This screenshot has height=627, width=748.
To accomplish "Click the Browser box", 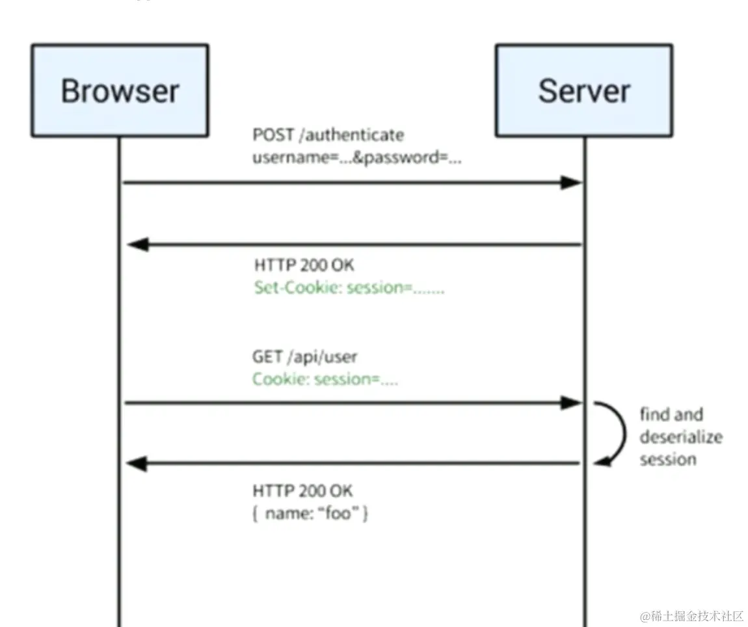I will [x=120, y=90].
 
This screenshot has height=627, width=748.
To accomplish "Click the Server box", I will [x=583, y=90].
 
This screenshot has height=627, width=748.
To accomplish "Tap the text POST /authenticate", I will [x=328, y=135].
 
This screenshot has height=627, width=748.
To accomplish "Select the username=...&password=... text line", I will [x=356, y=158].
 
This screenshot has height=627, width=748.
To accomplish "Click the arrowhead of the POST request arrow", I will [x=571, y=183].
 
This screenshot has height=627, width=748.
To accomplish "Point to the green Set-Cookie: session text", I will [x=349, y=287].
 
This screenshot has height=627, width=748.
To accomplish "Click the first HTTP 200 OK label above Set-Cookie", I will [x=304, y=265].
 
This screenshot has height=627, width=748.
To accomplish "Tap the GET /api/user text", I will [x=304, y=356].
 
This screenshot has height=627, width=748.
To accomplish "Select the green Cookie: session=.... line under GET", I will [x=325, y=379].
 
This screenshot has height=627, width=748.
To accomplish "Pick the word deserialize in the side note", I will [x=680, y=437].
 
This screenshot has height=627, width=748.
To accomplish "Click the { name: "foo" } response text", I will [x=311, y=513].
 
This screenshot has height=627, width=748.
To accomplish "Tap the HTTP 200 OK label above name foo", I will [x=303, y=490].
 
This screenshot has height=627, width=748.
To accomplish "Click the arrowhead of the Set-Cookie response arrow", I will [x=138, y=245].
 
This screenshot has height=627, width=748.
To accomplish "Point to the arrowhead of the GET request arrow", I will [x=571, y=403].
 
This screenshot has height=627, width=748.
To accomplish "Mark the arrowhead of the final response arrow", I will [x=138, y=464].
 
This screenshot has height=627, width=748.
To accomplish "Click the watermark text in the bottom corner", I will [x=691, y=615].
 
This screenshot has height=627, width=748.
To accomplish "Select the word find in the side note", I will [x=654, y=414].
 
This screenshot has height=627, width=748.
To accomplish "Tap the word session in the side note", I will [x=667, y=459].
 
